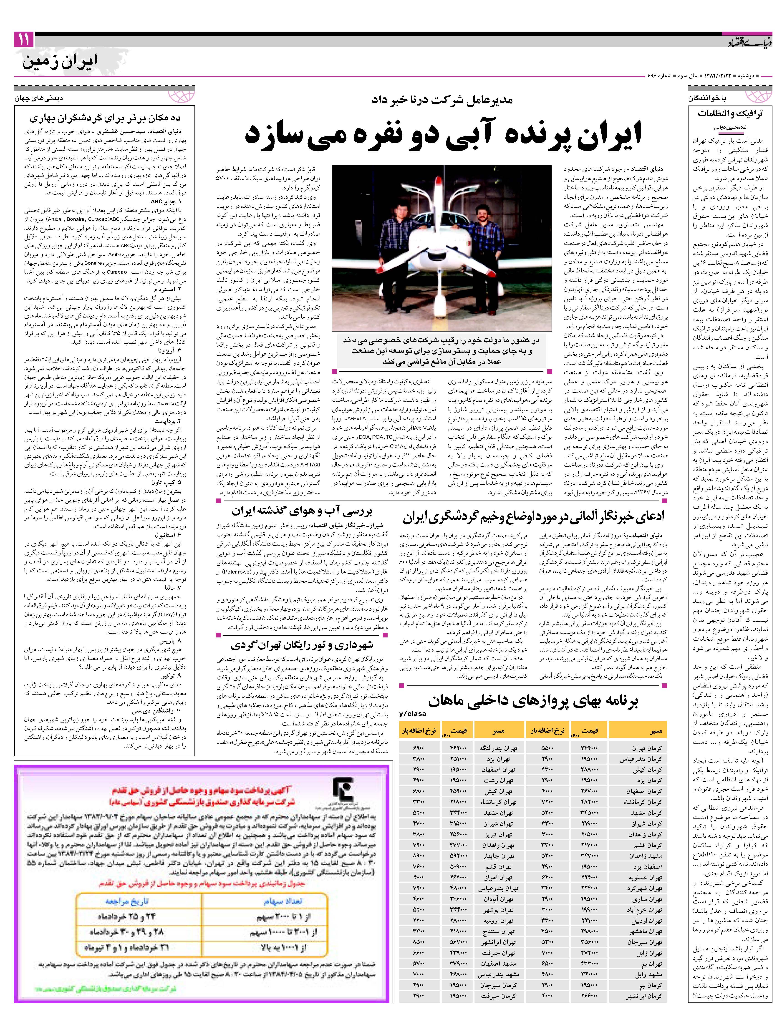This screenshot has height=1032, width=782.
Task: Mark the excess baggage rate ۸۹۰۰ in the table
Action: [x=418, y=856]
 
